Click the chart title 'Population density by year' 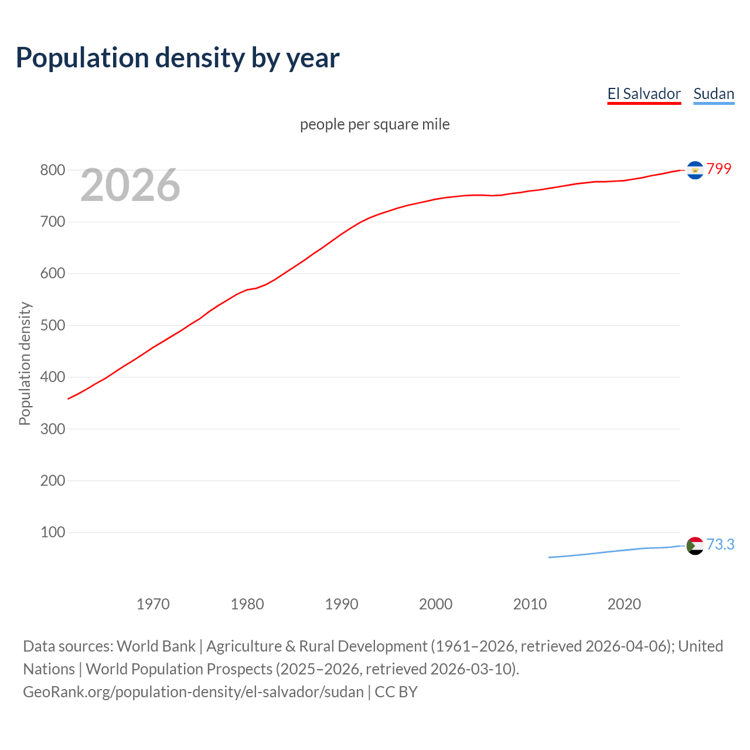(x=178, y=58)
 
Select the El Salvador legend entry (x=644, y=94)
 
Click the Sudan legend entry (x=714, y=94)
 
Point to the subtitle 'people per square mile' (x=374, y=124)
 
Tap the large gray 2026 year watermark (x=130, y=185)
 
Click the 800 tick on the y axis (x=52, y=171)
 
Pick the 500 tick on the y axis (x=52, y=325)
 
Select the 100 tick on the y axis (x=52, y=532)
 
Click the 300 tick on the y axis (x=52, y=429)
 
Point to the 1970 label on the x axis (x=153, y=604)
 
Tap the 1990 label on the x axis (x=342, y=604)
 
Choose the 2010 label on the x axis (x=530, y=604)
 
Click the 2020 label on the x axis (x=624, y=604)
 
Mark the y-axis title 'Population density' (x=25, y=363)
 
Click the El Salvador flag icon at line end (x=695, y=170)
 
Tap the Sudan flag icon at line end (x=695, y=546)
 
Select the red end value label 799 (x=719, y=169)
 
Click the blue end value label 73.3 (x=720, y=544)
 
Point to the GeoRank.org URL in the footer (x=193, y=692)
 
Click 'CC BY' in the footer (x=396, y=692)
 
